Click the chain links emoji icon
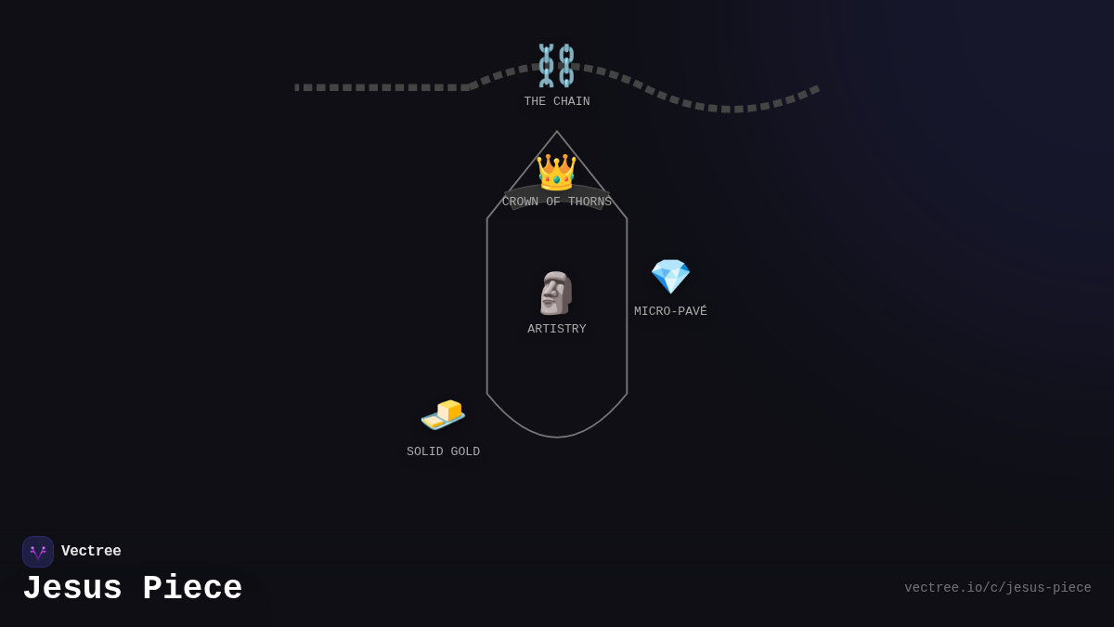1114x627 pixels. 556,65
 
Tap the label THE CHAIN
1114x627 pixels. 557,101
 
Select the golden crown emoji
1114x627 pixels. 556,172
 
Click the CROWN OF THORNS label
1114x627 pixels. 556,202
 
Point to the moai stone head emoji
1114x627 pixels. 556,294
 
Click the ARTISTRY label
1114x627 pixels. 556,329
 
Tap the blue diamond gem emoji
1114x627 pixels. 670,276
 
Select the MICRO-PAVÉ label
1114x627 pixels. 670,311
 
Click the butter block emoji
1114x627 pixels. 443,414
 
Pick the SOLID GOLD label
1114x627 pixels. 443,451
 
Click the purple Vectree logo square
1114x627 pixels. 38,552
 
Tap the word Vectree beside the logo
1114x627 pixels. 91,551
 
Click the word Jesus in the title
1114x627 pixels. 72,588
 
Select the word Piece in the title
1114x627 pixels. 192,588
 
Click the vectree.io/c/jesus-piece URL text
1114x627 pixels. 998,588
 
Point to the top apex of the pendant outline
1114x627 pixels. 556,131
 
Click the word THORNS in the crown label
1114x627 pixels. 589,202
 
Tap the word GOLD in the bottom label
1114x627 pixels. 465,451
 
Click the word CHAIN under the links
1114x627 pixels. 572,101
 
